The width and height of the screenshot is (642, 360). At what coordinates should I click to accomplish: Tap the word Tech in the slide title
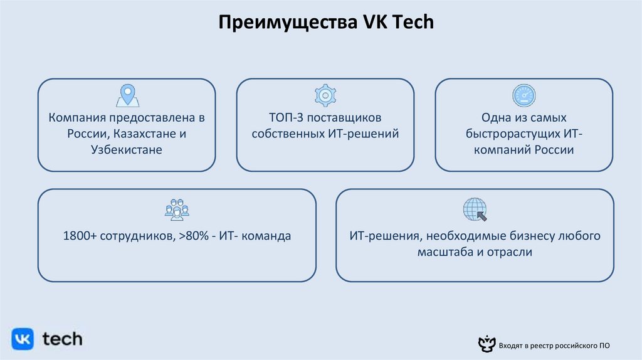(x=413, y=24)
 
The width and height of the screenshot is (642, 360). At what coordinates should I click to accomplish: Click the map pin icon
(x=127, y=95)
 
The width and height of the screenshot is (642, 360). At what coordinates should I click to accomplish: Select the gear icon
(x=325, y=95)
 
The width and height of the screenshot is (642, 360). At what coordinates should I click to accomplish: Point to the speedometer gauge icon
(x=524, y=95)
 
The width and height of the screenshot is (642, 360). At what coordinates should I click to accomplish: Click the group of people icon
(x=177, y=209)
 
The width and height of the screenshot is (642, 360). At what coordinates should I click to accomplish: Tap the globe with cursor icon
(x=475, y=209)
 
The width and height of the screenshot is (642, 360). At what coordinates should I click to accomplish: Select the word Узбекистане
(x=127, y=151)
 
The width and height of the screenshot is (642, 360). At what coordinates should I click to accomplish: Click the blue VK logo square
(x=23, y=339)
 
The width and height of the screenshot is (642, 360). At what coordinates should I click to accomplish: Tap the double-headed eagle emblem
(x=485, y=344)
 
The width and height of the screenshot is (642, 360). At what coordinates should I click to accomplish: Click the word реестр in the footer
(x=534, y=346)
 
